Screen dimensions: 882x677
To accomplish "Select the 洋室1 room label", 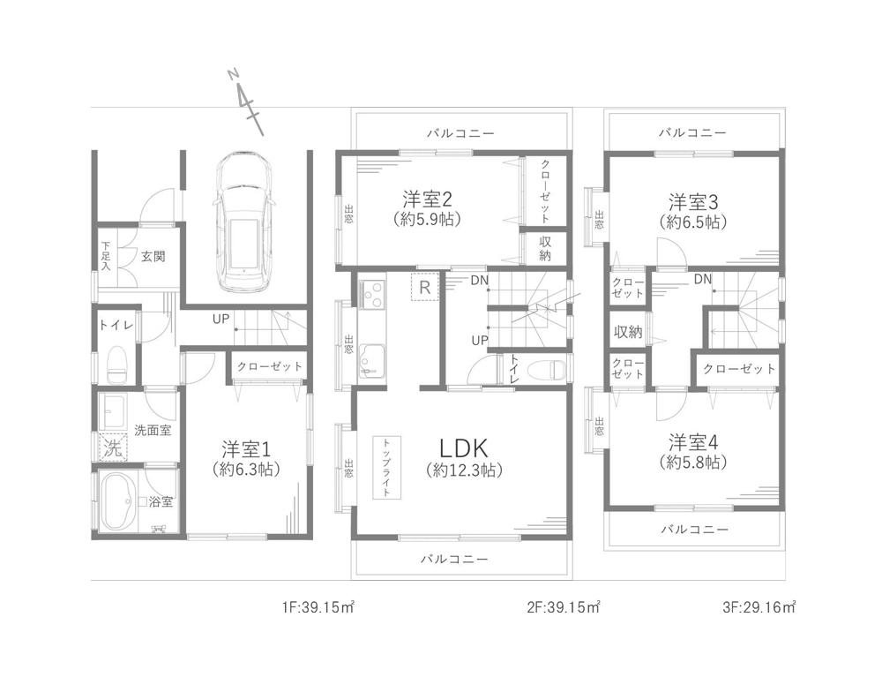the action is point(246,449).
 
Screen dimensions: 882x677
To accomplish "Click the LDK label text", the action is point(464,448).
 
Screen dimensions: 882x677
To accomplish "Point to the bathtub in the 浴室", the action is point(118,500).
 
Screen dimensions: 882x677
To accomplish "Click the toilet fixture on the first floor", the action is point(117,365).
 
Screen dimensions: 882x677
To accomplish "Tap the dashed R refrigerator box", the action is point(425,287).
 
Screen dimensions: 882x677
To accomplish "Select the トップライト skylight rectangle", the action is point(386,467).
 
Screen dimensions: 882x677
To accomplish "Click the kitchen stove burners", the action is point(371,294).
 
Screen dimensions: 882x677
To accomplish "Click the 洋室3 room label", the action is point(693,201).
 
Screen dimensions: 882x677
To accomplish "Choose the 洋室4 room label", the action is point(693,441).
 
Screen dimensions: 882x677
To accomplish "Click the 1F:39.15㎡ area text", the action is point(318,607).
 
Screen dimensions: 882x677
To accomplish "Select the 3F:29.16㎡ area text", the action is point(759,607).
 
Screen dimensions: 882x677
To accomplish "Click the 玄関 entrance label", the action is point(153,256).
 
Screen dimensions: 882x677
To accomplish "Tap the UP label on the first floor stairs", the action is point(221,319).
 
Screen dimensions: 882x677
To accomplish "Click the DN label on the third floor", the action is point(703,279).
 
